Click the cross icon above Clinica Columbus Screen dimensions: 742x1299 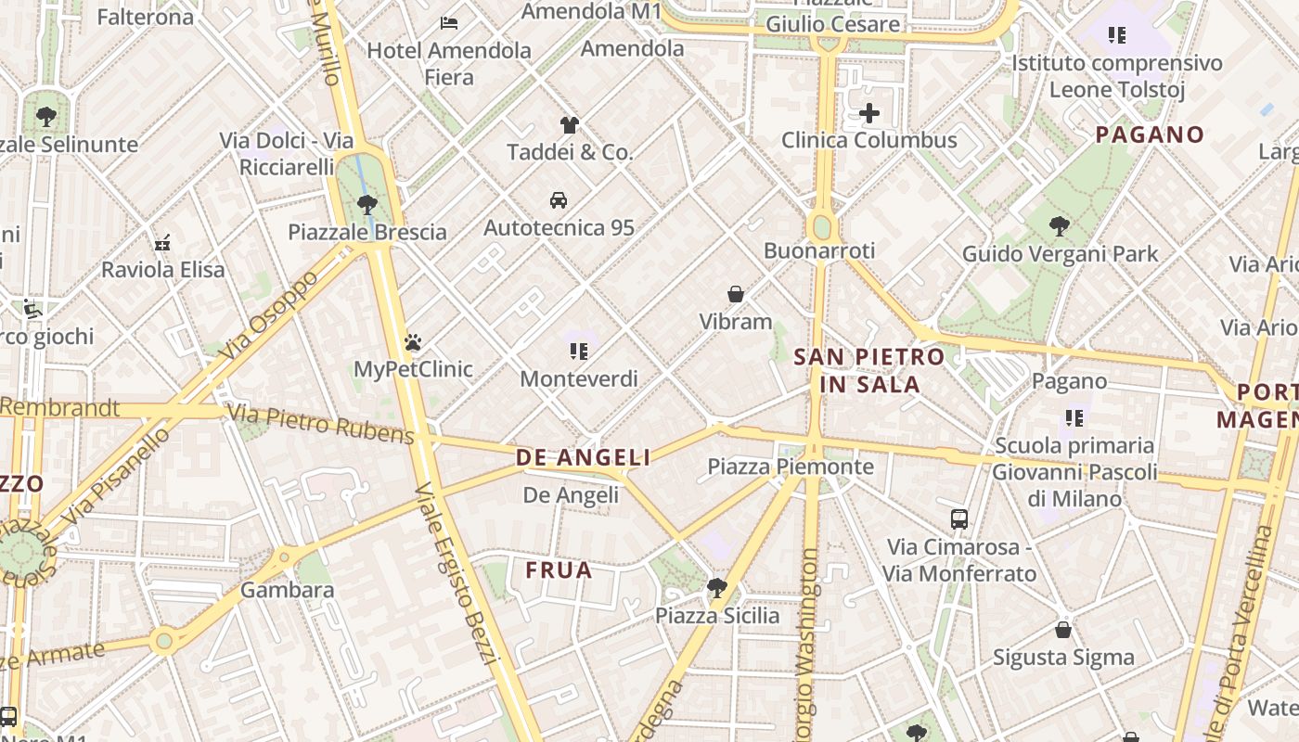coord(869,113)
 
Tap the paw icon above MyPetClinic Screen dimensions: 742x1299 coord(413,342)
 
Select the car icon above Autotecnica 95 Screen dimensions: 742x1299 coord(559,199)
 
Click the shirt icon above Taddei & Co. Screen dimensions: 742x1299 coord(570,124)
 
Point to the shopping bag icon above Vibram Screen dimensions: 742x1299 coord(736,294)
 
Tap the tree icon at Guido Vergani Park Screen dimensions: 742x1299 coord(1059,225)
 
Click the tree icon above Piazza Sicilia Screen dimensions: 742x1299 coord(716,587)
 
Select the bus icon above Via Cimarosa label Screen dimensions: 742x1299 coord(959,519)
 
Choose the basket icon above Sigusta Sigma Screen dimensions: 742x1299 coord(1063,630)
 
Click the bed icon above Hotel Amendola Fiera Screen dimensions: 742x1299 coord(449,22)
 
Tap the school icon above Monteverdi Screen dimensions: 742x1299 coord(579,351)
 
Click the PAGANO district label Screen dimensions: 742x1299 coord(1150,134)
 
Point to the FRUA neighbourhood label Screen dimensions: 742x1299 coord(559,569)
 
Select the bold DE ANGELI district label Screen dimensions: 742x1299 coord(583,457)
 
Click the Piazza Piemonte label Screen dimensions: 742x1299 coord(791,467)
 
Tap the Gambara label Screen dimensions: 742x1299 coord(287,590)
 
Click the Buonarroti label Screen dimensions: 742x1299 coord(819,250)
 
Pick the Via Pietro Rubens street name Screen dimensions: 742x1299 coord(320,424)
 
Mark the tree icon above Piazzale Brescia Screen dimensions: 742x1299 coord(367,204)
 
